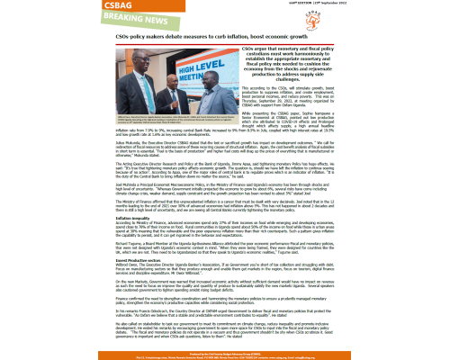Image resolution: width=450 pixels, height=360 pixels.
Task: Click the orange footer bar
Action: [225, 355]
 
